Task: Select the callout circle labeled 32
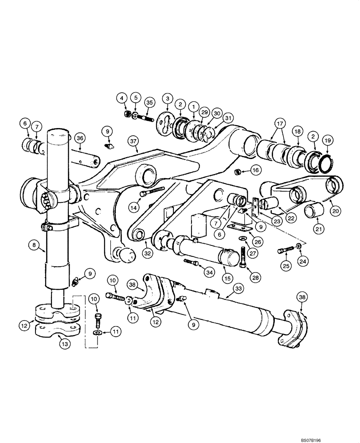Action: coord(147,253)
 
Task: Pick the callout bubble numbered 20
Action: coord(336,211)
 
